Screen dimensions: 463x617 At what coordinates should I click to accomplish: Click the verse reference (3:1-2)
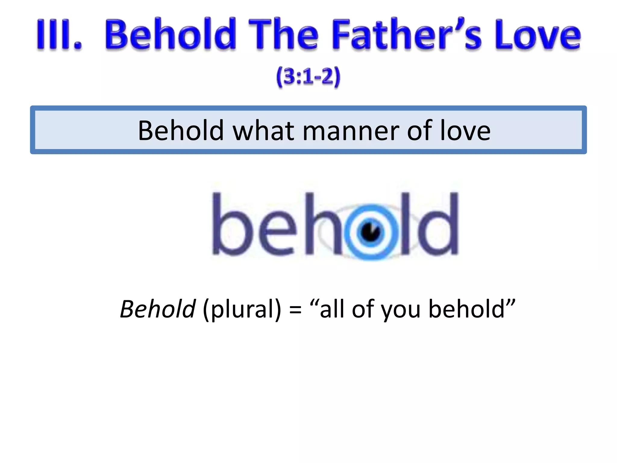tap(308, 77)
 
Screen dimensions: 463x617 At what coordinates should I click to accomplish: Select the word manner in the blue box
tap(351, 131)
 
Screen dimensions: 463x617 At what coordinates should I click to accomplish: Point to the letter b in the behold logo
tap(230, 225)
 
